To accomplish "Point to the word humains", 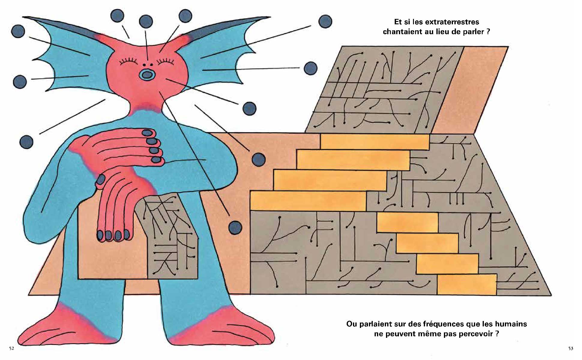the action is (511, 324).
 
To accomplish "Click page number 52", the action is (11, 349).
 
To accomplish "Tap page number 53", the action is (571, 349).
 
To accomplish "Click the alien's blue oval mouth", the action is (146, 75).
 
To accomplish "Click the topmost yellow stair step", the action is (375, 142).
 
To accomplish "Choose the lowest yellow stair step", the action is (466, 284).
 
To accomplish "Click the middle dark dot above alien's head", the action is (146, 22).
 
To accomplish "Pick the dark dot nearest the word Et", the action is (325, 21).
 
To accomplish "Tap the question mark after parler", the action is (488, 32).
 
